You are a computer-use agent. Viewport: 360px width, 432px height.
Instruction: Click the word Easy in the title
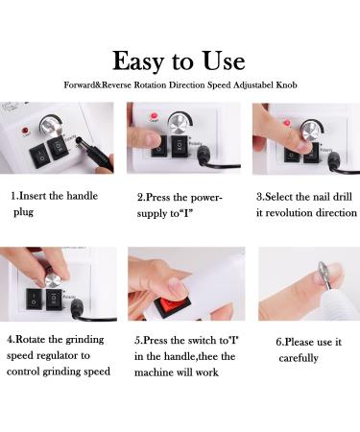[x=138, y=61]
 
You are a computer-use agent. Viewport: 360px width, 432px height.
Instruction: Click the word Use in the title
[x=224, y=60]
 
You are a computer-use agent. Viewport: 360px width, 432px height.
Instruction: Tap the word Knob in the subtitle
[x=286, y=85]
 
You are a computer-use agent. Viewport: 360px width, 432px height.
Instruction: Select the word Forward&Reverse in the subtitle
[x=97, y=85]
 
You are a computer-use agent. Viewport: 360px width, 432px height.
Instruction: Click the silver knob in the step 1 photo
[x=51, y=126]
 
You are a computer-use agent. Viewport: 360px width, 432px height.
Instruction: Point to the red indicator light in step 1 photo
[x=25, y=131]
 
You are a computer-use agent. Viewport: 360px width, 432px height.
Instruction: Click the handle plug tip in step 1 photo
[x=79, y=140]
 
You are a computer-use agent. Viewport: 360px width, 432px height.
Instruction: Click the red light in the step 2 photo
[x=155, y=116]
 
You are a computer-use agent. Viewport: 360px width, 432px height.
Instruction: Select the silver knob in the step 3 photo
[x=310, y=131]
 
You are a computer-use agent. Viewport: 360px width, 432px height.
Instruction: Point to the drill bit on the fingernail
[x=323, y=276]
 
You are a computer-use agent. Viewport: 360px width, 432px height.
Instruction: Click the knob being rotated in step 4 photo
[x=53, y=281]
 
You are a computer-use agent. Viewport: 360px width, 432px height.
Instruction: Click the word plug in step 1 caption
[x=23, y=212]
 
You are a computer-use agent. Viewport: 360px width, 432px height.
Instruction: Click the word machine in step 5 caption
[x=155, y=372]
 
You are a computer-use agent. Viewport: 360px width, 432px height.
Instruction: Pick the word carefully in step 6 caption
[x=299, y=358]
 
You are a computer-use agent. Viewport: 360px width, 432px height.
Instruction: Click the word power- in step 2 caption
[x=206, y=198]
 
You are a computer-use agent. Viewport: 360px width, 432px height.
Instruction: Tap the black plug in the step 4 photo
[x=77, y=308]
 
